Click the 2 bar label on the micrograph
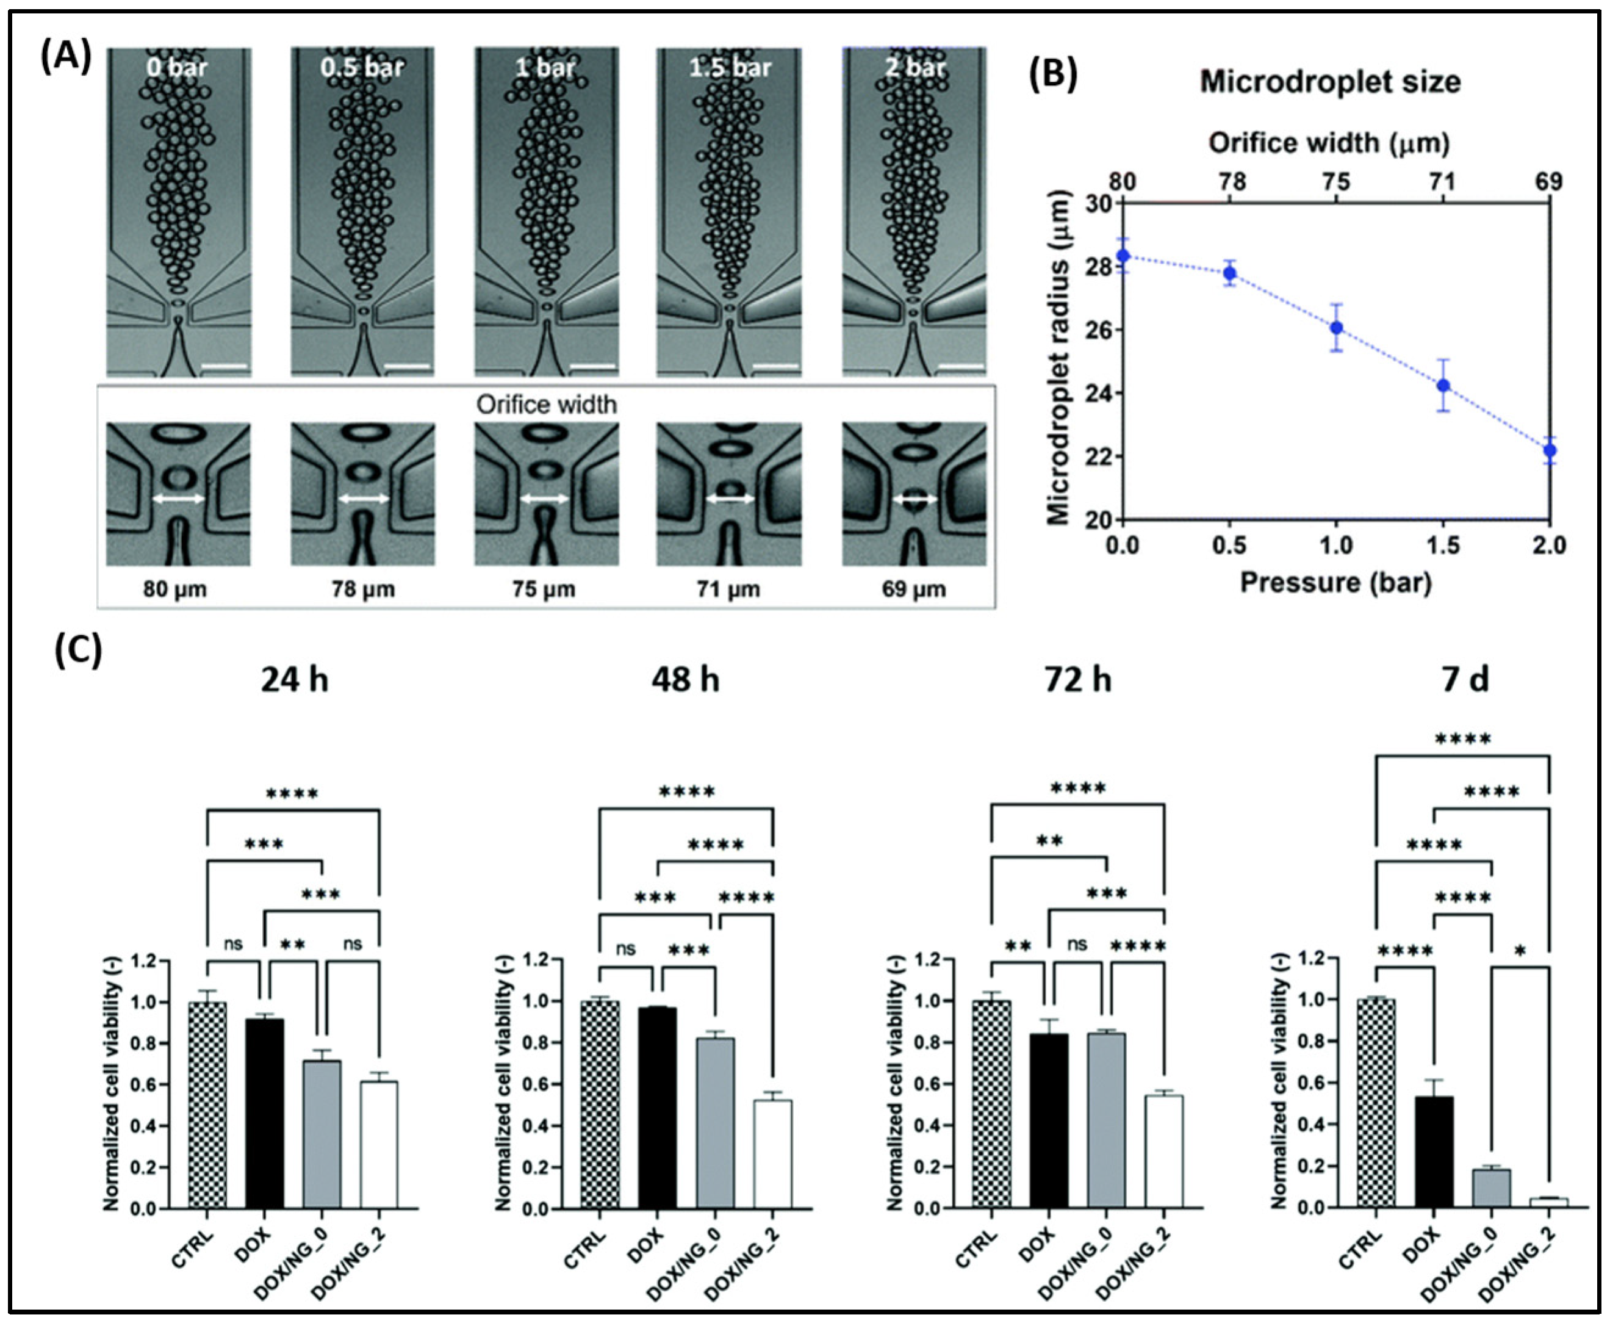click(915, 68)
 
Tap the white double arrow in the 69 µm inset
click(915, 499)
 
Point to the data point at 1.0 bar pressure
click(1335, 328)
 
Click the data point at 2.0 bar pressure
click(1549, 450)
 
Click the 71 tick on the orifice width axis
click(1442, 182)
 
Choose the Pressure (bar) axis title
click(1335, 582)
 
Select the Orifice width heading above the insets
click(545, 404)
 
